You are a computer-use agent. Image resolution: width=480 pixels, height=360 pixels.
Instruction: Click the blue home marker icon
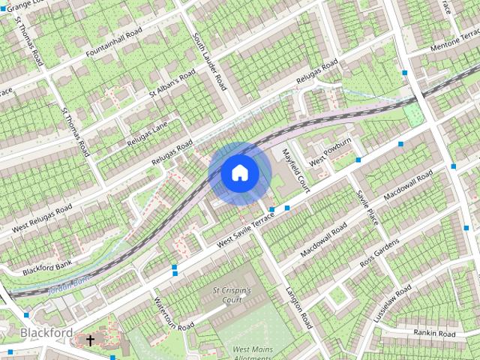point(239,173)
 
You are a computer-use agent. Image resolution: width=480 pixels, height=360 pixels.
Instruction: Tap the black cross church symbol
point(90,340)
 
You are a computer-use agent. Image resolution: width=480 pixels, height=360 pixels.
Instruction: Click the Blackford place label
point(46,332)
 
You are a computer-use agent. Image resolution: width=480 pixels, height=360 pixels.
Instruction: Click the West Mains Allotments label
point(251,353)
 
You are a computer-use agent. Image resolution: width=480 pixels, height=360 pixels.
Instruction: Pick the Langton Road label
point(298,308)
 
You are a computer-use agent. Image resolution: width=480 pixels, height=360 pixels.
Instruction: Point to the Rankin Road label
point(434,332)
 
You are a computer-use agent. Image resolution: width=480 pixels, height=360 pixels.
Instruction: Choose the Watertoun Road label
point(173,316)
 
